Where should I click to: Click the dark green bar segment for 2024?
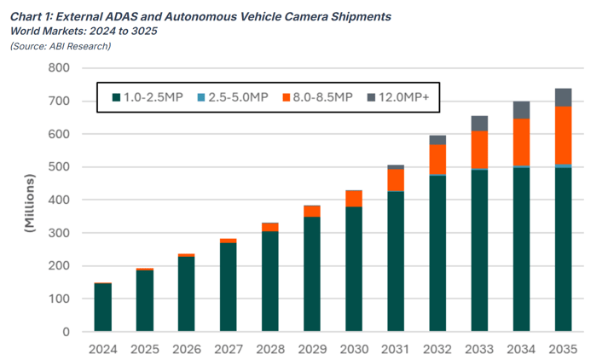[x=102, y=307]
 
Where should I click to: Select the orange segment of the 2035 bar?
[x=563, y=135]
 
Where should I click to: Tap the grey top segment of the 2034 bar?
[x=521, y=110]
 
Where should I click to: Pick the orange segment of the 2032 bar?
[x=437, y=160]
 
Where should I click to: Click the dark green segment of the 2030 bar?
[x=354, y=269]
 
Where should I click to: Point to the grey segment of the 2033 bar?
[x=479, y=123]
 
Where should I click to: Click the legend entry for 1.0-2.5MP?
[x=147, y=97]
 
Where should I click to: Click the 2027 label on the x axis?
[x=228, y=348]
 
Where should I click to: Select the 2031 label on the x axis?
[x=396, y=348]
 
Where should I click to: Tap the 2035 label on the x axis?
[x=563, y=348]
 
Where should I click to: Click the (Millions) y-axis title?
[x=31, y=203]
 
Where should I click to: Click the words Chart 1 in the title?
[x=32, y=15]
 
